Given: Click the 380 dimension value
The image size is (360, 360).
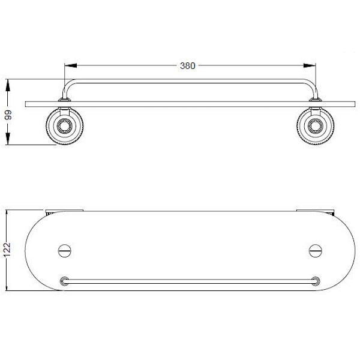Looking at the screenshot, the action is [188, 66].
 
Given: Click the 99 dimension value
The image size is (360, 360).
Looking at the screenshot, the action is [8, 115].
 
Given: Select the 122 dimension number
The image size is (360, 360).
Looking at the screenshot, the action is [7, 250].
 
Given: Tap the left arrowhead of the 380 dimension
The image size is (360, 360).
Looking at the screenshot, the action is [71, 65].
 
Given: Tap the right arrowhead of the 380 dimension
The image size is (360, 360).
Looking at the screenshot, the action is [310, 65].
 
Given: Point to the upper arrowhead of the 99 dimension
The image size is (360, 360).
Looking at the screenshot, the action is [8, 85].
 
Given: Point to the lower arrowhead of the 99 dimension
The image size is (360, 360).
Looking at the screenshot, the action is [8, 139].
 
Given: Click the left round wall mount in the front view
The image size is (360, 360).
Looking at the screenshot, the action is [65, 126].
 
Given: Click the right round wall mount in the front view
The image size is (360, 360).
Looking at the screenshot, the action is [316, 126].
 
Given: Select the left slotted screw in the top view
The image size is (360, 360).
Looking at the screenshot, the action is [65, 251].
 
